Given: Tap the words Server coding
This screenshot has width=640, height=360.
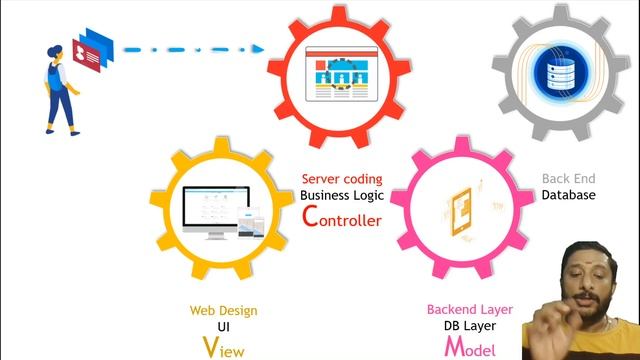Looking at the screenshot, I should click(341, 179).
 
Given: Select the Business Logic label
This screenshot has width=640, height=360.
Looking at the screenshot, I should click(341, 195).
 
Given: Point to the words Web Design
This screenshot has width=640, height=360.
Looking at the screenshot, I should click(223, 311).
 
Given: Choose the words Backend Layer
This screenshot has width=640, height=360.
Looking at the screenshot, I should click(469, 310).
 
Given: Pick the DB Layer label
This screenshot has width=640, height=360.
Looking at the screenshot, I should click(469, 327).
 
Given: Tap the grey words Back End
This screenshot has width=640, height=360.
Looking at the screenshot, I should click(568, 179).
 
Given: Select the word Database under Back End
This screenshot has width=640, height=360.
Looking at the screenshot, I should click(568, 195).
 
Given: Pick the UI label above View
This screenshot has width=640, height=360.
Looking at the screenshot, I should click(223, 327).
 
